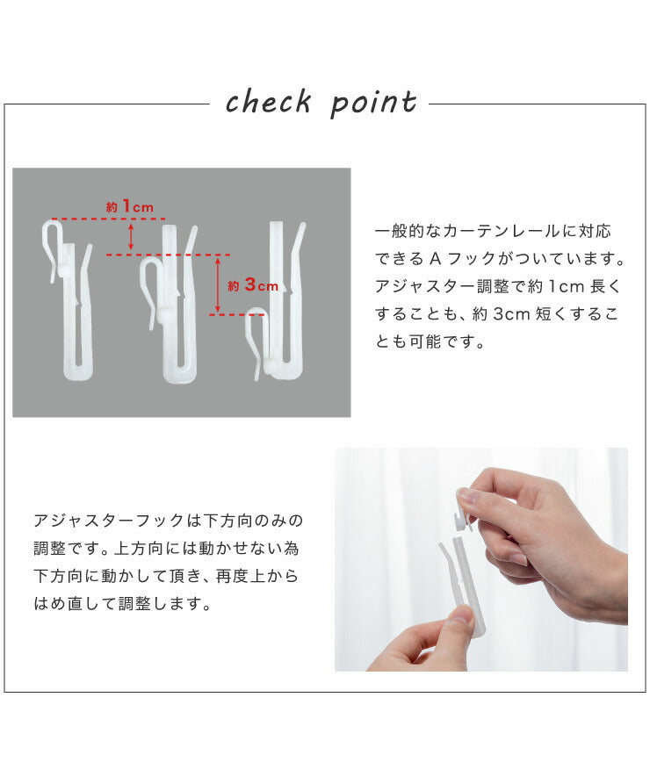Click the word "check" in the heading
269,102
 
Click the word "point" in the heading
373,104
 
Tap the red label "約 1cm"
130,206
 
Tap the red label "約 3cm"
253,284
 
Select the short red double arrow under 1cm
130,237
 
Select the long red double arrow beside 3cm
218,284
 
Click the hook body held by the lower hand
462,583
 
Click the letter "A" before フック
435,259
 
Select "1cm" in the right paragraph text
566,287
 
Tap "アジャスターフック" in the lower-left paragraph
109,521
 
